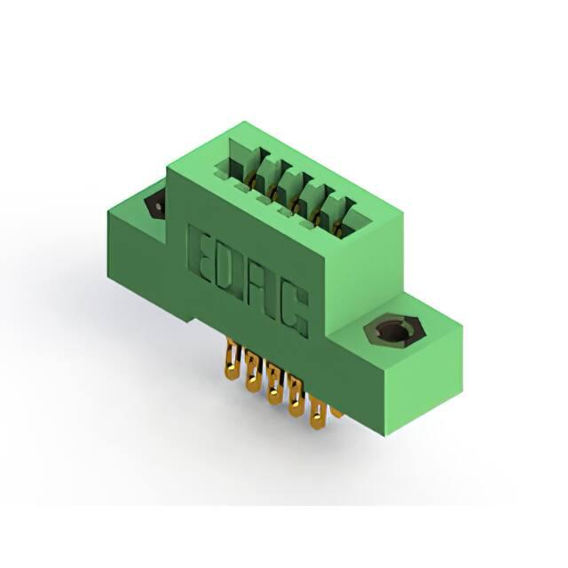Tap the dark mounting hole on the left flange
(155, 208)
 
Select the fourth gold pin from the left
(296, 397)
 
